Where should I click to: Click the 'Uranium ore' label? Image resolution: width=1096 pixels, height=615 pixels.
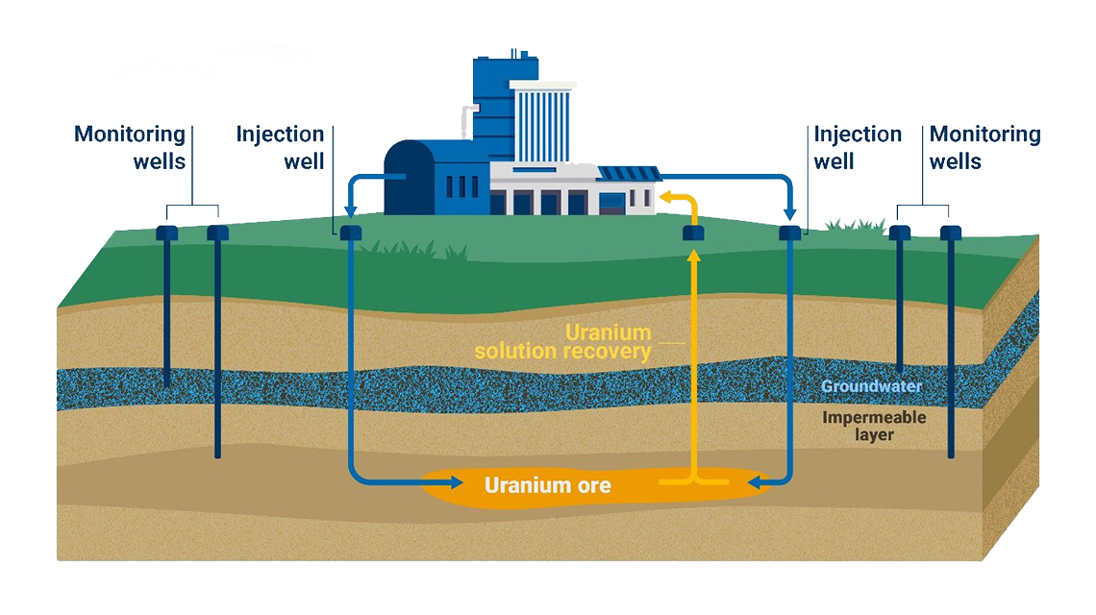coord(547,485)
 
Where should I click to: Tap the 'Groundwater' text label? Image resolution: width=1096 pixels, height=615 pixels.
coord(871,386)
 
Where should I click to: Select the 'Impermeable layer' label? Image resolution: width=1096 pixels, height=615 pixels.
coord(874,426)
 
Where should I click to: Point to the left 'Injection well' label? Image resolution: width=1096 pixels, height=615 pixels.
coord(281,147)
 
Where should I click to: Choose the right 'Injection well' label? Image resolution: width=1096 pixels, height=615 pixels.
coord(858,147)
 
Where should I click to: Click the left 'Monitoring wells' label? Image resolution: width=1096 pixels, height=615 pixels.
coord(130,147)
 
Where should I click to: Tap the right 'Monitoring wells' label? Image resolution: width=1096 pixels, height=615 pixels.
coord(984,147)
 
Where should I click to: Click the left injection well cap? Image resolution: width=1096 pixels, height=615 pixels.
coord(350,233)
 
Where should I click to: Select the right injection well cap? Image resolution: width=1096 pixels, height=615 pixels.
coord(790,233)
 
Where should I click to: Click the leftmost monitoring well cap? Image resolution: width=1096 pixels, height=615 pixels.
coord(167,233)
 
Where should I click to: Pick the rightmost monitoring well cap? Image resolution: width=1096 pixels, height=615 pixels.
coord(951,233)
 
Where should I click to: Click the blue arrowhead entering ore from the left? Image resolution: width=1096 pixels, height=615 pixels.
coord(420,479)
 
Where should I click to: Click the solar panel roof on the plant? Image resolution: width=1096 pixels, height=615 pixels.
coord(628,173)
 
